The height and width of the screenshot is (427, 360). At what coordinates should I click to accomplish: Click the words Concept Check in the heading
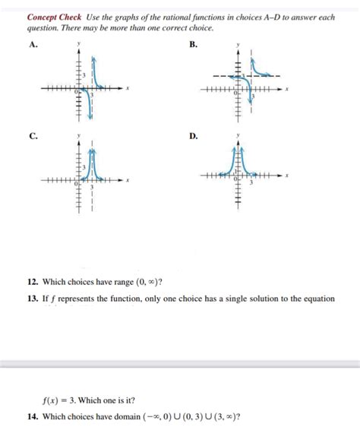pyautogui.click(x=54, y=17)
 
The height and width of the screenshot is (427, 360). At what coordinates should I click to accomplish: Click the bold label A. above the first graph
pyautogui.click(x=32, y=46)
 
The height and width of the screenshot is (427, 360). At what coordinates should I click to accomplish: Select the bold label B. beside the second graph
pyautogui.click(x=194, y=46)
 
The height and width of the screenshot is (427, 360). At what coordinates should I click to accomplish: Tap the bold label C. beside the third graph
pyautogui.click(x=32, y=137)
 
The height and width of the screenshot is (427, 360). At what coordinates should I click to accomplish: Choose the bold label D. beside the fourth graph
pyautogui.click(x=194, y=137)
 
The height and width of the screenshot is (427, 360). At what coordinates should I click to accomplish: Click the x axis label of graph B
pyautogui.click(x=289, y=90)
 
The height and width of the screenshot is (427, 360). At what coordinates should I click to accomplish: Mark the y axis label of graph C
pyautogui.click(x=79, y=137)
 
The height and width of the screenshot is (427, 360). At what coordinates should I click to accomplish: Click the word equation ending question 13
pyautogui.click(x=317, y=299)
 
